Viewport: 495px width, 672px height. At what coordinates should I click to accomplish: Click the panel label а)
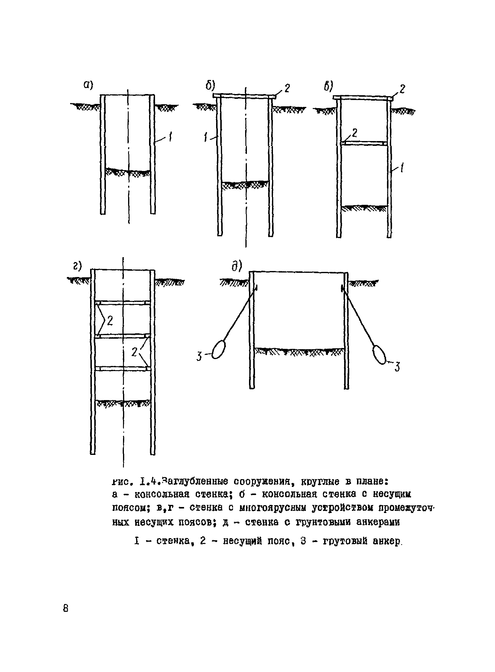[x=88, y=85]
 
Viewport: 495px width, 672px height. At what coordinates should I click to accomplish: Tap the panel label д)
[x=236, y=266]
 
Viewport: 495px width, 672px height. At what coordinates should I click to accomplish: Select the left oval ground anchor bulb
[x=218, y=349]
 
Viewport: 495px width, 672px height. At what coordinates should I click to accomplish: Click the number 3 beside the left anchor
[x=199, y=357]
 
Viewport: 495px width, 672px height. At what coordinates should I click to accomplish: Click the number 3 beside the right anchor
[x=397, y=367]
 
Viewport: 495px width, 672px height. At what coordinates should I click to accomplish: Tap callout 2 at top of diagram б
[x=287, y=88]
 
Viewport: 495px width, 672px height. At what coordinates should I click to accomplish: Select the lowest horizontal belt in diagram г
[x=122, y=369]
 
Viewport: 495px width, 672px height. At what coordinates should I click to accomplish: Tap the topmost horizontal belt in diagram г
[x=122, y=302]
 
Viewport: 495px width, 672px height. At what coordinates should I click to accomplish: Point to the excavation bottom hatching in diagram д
[x=299, y=351]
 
